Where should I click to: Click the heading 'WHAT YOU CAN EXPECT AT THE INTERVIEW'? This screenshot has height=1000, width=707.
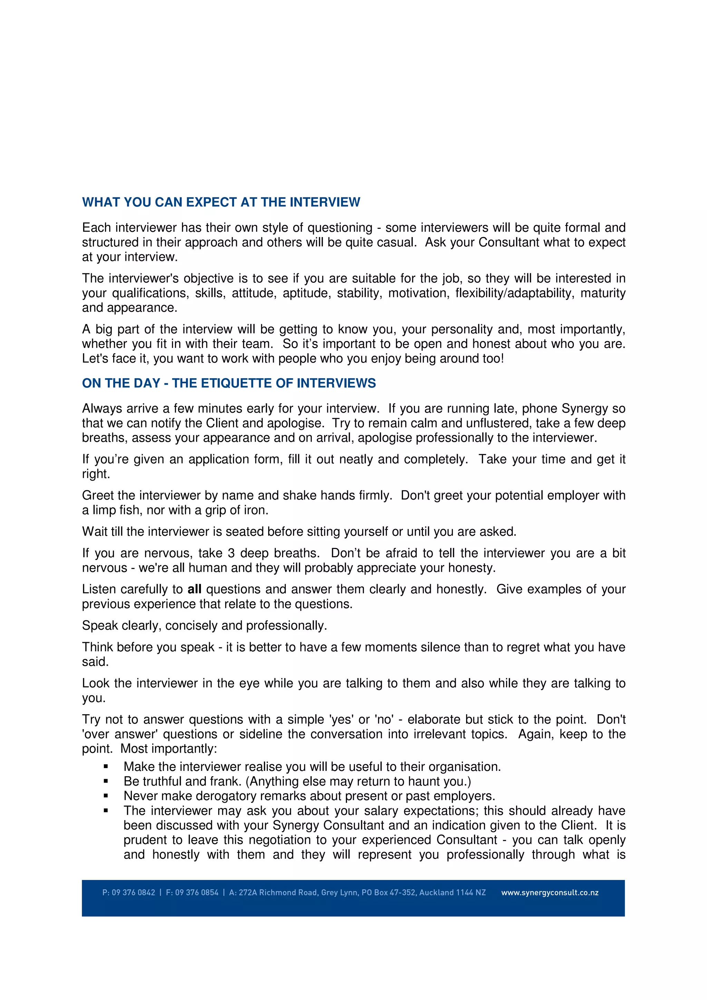[x=221, y=202]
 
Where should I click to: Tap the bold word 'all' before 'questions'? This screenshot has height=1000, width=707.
[x=194, y=589]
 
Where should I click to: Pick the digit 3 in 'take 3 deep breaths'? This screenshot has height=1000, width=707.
[x=231, y=553]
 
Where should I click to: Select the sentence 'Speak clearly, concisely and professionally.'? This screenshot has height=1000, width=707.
[x=204, y=626]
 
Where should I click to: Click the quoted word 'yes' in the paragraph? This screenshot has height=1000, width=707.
[x=341, y=719]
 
